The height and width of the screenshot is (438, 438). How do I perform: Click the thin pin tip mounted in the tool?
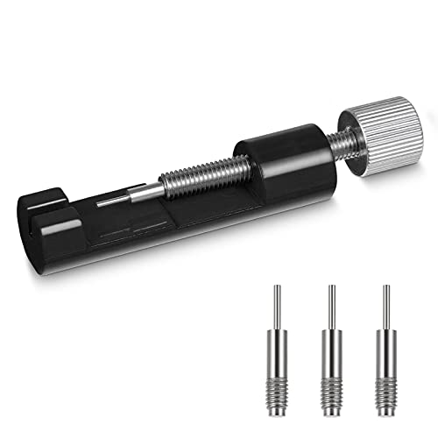109,202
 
